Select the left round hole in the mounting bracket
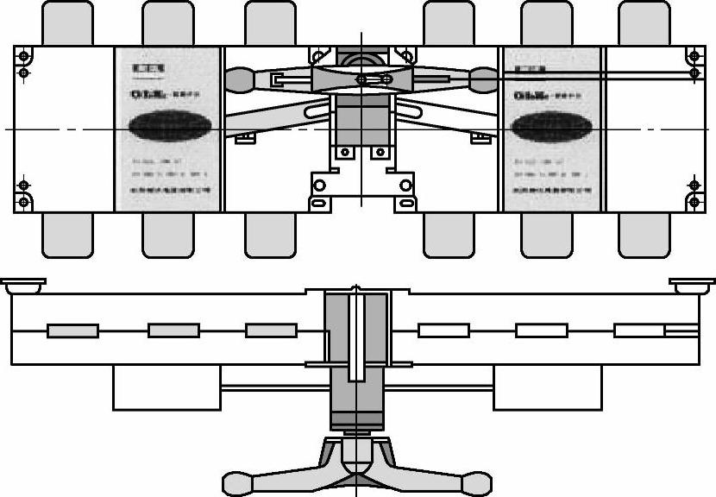pyautogui.click(x=345, y=153)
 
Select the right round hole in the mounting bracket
pyautogui.click(x=379, y=153)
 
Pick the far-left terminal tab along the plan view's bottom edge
pyautogui.click(x=67, y=235)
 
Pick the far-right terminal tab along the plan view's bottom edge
pyautogui.click(x=644, y=235)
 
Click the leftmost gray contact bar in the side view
pyautogui.click(x=72, y=330)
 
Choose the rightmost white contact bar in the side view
pyautogui.click(x=640, y=330)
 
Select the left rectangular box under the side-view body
pyautogui.click(x=166, y=387)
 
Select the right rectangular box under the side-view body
pyautogui.click(x=547, y=387)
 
